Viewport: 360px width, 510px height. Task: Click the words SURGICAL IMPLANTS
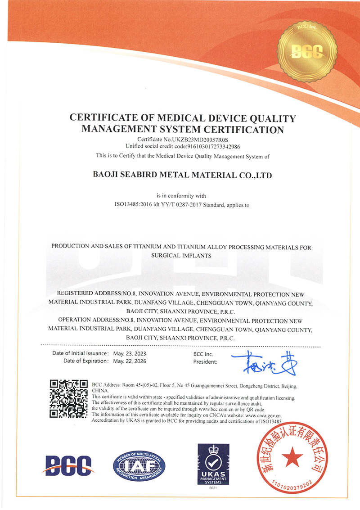tap(181, 255)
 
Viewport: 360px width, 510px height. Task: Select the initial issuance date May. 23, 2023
tap(130, 353)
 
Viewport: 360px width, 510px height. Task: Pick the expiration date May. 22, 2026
tap(130, 361)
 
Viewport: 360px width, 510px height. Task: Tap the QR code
tap(68, 399)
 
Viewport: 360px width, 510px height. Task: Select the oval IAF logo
tap(139, 465)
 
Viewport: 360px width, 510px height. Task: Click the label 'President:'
tap(205, 361)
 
